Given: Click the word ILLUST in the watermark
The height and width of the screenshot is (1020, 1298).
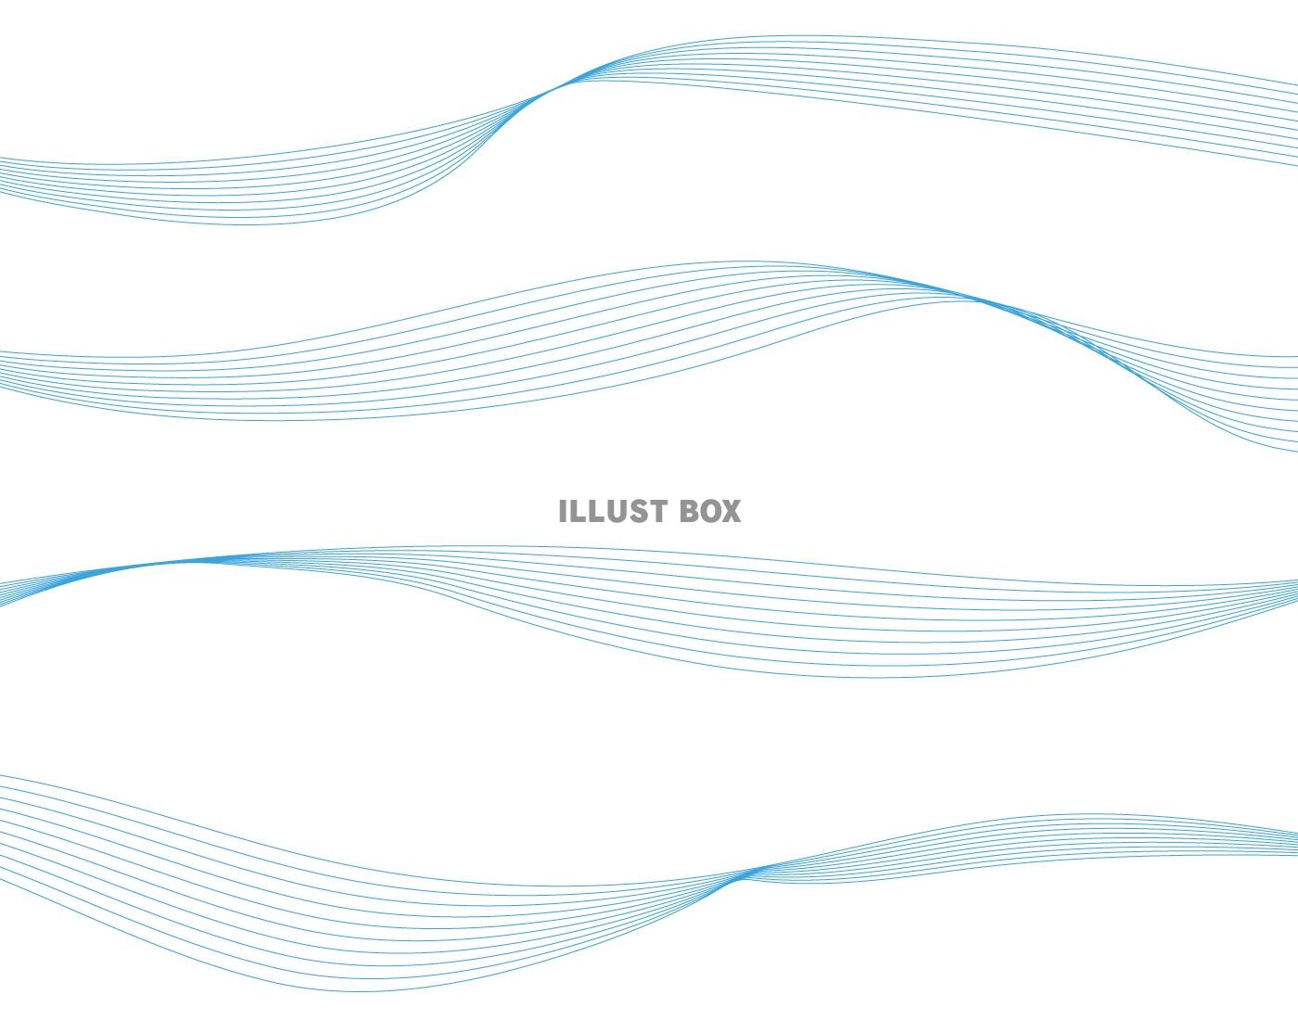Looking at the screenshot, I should pos(613,511).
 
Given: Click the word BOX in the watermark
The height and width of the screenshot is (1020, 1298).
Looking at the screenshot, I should pos(711,511).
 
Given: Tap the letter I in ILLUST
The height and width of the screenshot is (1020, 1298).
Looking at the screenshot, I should pos(563,511).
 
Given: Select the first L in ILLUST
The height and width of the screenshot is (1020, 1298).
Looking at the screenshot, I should pos(577,511).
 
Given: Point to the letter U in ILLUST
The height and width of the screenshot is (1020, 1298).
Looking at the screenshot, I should pos(615,511).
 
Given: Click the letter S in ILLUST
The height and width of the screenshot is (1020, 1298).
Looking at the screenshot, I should pos(636,511).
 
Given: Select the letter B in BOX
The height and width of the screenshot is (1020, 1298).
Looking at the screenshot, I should pos(690,511).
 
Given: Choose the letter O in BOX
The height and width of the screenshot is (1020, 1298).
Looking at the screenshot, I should pos(710,511).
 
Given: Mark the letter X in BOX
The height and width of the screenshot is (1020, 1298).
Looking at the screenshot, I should pos(732,511).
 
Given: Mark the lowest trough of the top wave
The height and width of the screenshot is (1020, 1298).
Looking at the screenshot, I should pos(250,224).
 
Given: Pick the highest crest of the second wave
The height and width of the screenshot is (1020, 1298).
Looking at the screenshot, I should pos(742,261).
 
